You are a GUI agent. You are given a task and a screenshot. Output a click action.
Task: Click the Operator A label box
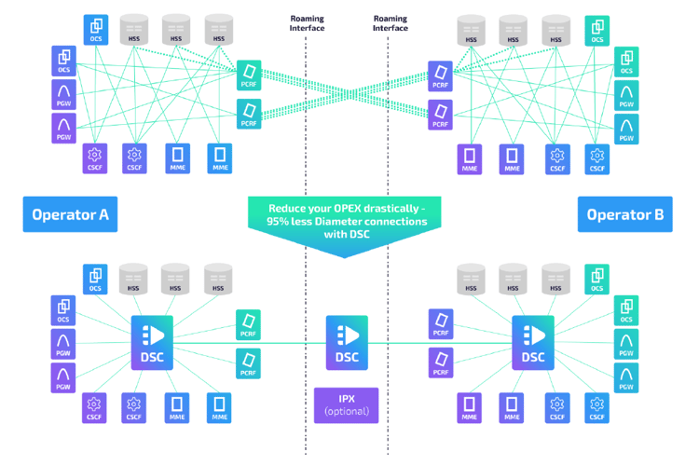[x=70, y=214]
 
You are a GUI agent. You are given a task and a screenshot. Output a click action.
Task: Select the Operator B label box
[x=625, y=214]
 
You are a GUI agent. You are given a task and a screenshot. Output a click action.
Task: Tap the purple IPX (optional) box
[x=346, y=405]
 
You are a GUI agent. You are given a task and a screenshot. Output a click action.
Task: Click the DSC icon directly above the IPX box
[x=346, y=342]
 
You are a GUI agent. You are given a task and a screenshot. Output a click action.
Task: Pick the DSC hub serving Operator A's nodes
[x=152, y=342]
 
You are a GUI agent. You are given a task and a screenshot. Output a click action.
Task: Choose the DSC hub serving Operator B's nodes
[x=533, y=342]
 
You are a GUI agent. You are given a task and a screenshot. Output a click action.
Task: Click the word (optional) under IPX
[x=346, y=411]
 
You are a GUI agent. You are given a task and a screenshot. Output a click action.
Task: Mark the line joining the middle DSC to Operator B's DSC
[x=438, y=342]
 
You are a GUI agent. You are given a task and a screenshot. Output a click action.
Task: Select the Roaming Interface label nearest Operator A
[x=307, y=23]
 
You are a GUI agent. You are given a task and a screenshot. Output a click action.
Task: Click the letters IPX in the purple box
[x=346, y=399]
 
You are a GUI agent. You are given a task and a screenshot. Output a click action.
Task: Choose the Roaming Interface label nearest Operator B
[x=391, y=23]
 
